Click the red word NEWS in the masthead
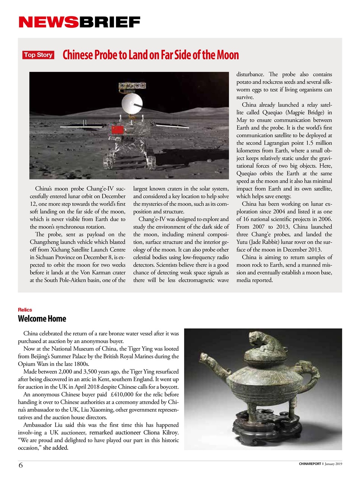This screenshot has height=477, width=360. pyautogui.click(x=48, y=22)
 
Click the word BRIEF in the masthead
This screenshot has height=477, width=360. pyautogui.click(x=109, y=22)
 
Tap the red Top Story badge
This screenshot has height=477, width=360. pyautogui.click(x=38, y=55)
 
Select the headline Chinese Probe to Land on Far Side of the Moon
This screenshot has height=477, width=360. pyautogui.click(x=151, y=55)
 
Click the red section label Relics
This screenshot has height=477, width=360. pyautogui.click(x=25, y=310)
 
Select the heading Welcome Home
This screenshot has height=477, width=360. pyautogui.click(x=42, y=319)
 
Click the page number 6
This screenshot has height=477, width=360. pyautogui.click(x=20, y=465)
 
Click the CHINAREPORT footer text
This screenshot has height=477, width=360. pyautogui.click(x=310, y=464)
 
